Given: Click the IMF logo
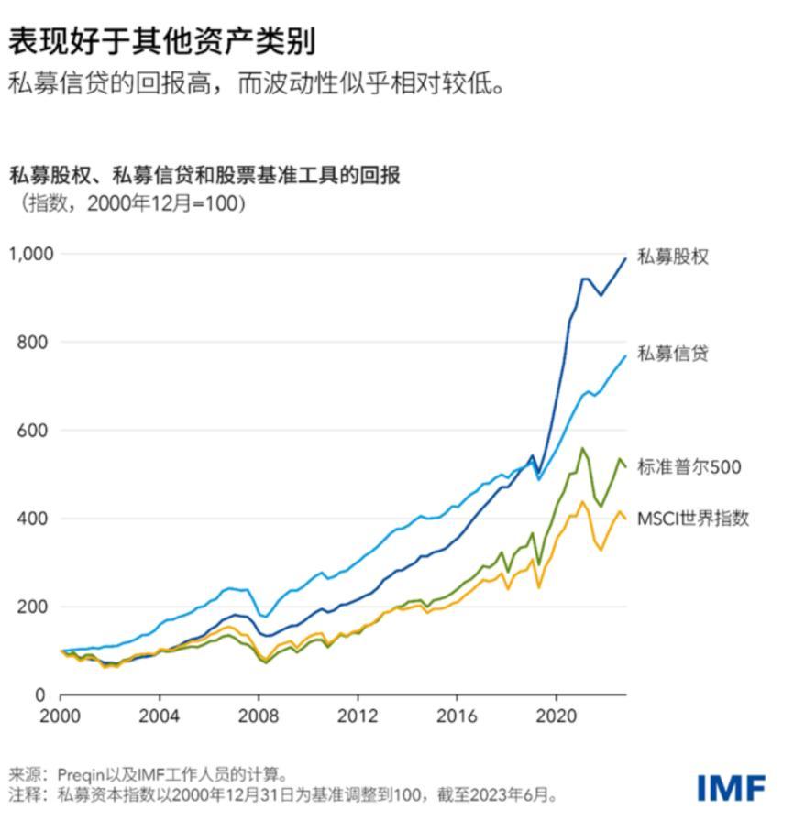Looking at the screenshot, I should pyautogui.click(x=731, y=787).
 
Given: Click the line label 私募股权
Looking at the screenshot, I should pyautogui.click(x=673, y=257).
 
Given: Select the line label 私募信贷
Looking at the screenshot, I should pyautogui.click(x=673, y=354).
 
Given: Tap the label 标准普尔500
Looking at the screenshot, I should pyautogui.click(x=689, y=467).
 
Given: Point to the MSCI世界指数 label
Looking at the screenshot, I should pyautogui.click(x=693, y=519).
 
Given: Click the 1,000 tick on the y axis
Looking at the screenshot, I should pyautogui.click(x=32, y=254).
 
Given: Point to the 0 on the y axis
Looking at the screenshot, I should pyautogui.click(x=40, y=695).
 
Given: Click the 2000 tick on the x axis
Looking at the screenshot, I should pyautogui.click(x=61, y=716).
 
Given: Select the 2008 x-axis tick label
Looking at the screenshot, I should pyautogui.click(x=259, y=716).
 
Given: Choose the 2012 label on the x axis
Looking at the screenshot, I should pyautogui.click(x=358, y=716).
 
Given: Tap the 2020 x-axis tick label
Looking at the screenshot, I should pyautogui.click(x=557, y=716).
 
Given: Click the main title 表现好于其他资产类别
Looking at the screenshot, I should pyautogui.click(x=162, y=39).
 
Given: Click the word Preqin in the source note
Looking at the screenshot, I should pyautogui.click(x=81, y=774).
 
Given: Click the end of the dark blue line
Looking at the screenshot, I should pyautogui.click(x=625, y=258).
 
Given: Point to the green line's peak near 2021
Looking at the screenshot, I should pyautogui.click(x=581, y=449).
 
